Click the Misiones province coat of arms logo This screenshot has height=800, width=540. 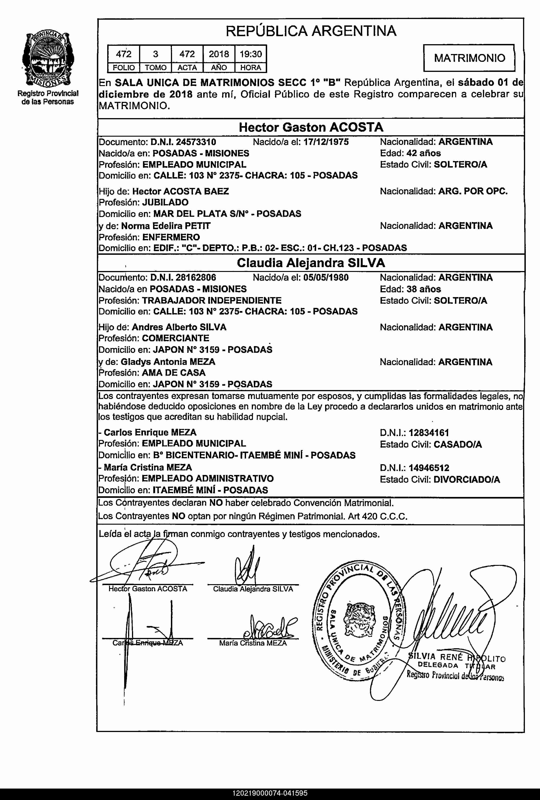point(48,59)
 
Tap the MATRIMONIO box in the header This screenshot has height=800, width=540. point(469,58)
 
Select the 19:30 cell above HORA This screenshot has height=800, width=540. point(251,54)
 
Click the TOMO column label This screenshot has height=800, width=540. point(155,68)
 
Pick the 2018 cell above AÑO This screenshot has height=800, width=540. point(219,54)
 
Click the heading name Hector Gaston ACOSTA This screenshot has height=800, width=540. point(311,127)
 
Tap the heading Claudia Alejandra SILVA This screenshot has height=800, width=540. point(311,263)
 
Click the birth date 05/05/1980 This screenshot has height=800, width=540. point(326,278)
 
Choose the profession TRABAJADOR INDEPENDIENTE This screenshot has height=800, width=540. point(212,300)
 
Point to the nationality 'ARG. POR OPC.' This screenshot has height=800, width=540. point(473,191)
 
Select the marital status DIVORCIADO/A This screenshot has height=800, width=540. point(467,479)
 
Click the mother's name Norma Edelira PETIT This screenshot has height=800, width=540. point(166,226)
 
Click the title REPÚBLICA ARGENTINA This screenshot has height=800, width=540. point(311,31)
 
